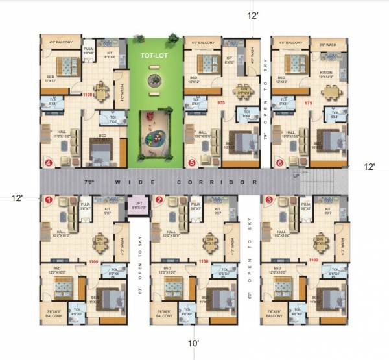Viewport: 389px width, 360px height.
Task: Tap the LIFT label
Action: click(x=139, y=204)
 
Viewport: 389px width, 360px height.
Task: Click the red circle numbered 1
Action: click(x=47, y=200)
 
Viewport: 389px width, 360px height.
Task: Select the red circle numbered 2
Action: click(x=159, y=200)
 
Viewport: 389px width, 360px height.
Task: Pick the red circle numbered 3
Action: click(x=269, y=200)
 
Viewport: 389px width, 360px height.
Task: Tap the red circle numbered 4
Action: click(x=47, y=162)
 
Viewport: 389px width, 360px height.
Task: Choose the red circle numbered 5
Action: click(x=191, y=162)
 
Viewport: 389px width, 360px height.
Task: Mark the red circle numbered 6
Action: click(x=279, y=162)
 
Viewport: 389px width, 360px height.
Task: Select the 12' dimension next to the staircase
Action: click(x=369, y=167)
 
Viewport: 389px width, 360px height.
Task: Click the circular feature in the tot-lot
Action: click(x=154, y=81)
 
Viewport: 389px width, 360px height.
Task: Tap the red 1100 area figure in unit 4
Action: click(x=89, y=95)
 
